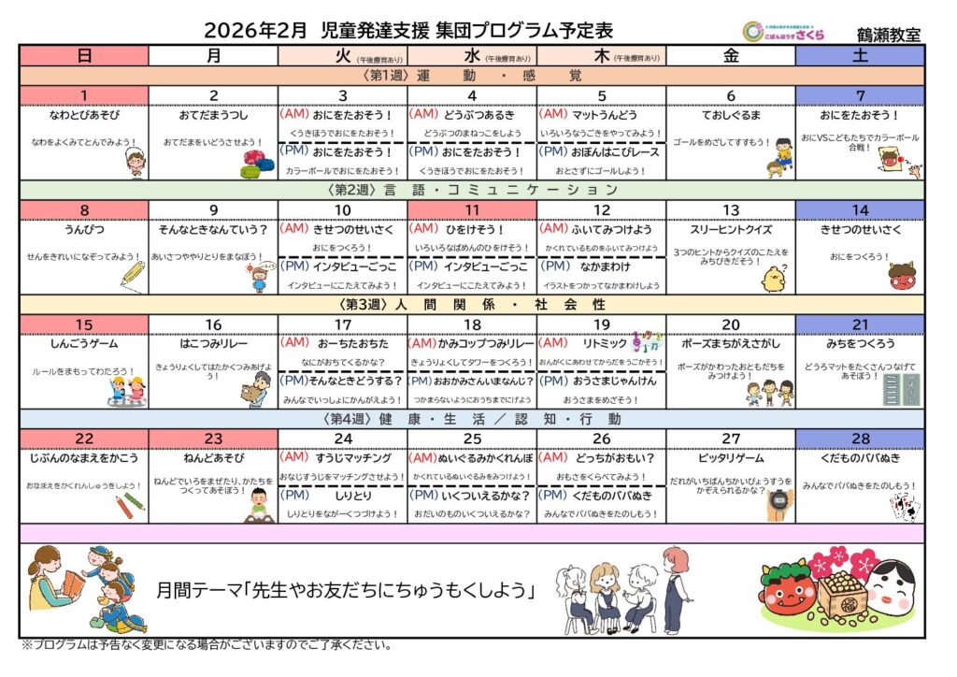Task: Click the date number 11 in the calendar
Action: click(472, 210)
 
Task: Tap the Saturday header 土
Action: click(860, 55)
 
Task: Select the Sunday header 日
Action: click(84, 55)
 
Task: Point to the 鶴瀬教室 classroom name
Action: click(888, 34)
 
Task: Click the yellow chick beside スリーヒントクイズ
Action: click(772, 278)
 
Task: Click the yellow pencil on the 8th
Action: click(133, 272)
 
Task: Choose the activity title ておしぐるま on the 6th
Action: click(732, 116)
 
